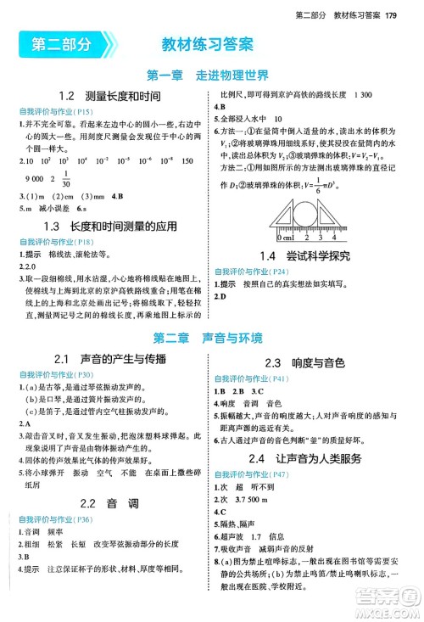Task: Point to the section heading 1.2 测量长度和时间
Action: click(x=109, y=97)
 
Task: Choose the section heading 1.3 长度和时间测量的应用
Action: click(x=109, y=227)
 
